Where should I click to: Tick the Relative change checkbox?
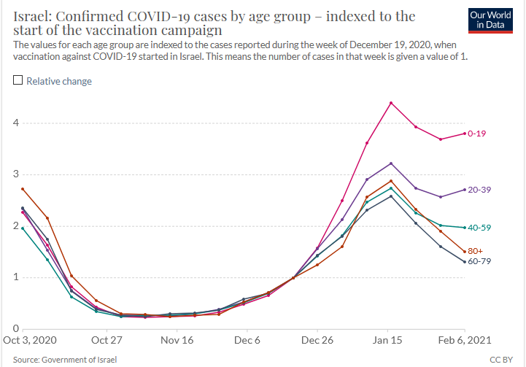coord(18,81)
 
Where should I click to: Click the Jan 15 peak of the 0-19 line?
coord(391,103)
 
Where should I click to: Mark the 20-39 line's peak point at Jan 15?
coord(391,163)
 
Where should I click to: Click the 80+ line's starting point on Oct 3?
coord(23,189)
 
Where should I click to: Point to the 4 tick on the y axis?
coord(15,123)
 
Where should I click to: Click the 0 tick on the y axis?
coord(15,328)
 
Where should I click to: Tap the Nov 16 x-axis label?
coord(177,340)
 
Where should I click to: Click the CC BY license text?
coord(501,359)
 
